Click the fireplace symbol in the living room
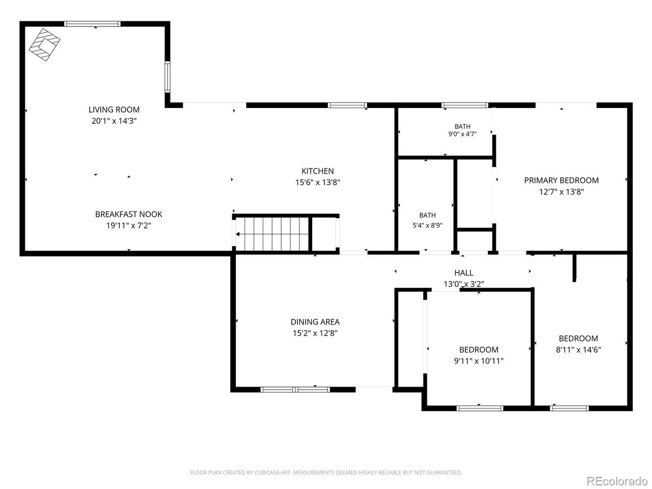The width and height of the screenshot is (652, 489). pyautogui.click(x=44, y=45)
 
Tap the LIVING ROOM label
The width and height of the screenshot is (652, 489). pyautogui.click(x=114, y=110)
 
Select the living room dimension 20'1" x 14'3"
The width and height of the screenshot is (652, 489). pyautogui.click(x=114, y=121)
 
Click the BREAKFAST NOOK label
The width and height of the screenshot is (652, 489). pyautogui.click(x=129, y=214)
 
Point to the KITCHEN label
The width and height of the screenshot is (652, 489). pyautogui.click(x=317, y=171)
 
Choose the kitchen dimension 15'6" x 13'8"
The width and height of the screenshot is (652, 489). pyautogui.click(x=317, y=182)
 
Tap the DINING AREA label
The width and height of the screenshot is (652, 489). pyautogui.click(x=315, y=322)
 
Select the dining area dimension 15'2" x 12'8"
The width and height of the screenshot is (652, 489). pyautogui.click(x=315, y=333)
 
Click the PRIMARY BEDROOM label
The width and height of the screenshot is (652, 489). pyautogui.click(x=561, y=180)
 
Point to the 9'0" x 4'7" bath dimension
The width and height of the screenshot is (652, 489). pyautogui.click(x=462, y=134)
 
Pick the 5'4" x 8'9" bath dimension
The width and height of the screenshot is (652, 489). pyautogui.click(x=427, y=225)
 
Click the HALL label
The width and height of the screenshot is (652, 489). pyautogui.click(x=464, y=273)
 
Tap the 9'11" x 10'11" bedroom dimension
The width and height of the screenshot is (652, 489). pyautogui.click(x=478, y=361)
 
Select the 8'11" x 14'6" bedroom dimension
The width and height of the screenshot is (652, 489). pyautogui.click(x=578, y=350)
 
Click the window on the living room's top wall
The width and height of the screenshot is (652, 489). pyautogui.click(x=92, y=24)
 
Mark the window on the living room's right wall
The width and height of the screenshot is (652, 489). pyautogui.click(x=168, y=77)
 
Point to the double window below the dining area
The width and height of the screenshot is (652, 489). pyautogui.click(x=295, y=390)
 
